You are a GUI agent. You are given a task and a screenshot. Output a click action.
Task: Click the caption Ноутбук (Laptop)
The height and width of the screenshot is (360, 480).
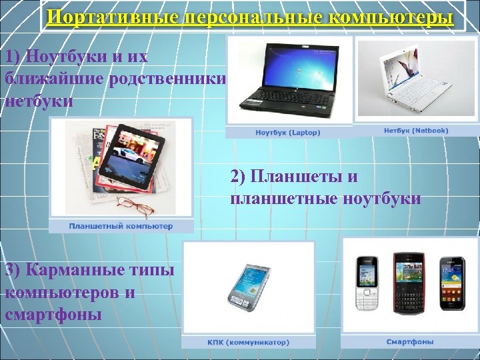[288, 133]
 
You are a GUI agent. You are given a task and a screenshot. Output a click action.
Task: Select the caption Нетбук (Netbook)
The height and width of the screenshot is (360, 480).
[416, 131]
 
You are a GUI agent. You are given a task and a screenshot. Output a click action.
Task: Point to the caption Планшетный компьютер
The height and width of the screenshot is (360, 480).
[121, 226]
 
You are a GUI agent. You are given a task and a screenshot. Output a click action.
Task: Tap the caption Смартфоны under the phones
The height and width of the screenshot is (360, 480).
[409, 342]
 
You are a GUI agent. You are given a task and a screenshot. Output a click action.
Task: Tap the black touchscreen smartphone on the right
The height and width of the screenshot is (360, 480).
[452, 283]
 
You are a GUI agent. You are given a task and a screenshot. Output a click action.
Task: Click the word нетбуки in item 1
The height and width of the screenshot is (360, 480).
[38, 102]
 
